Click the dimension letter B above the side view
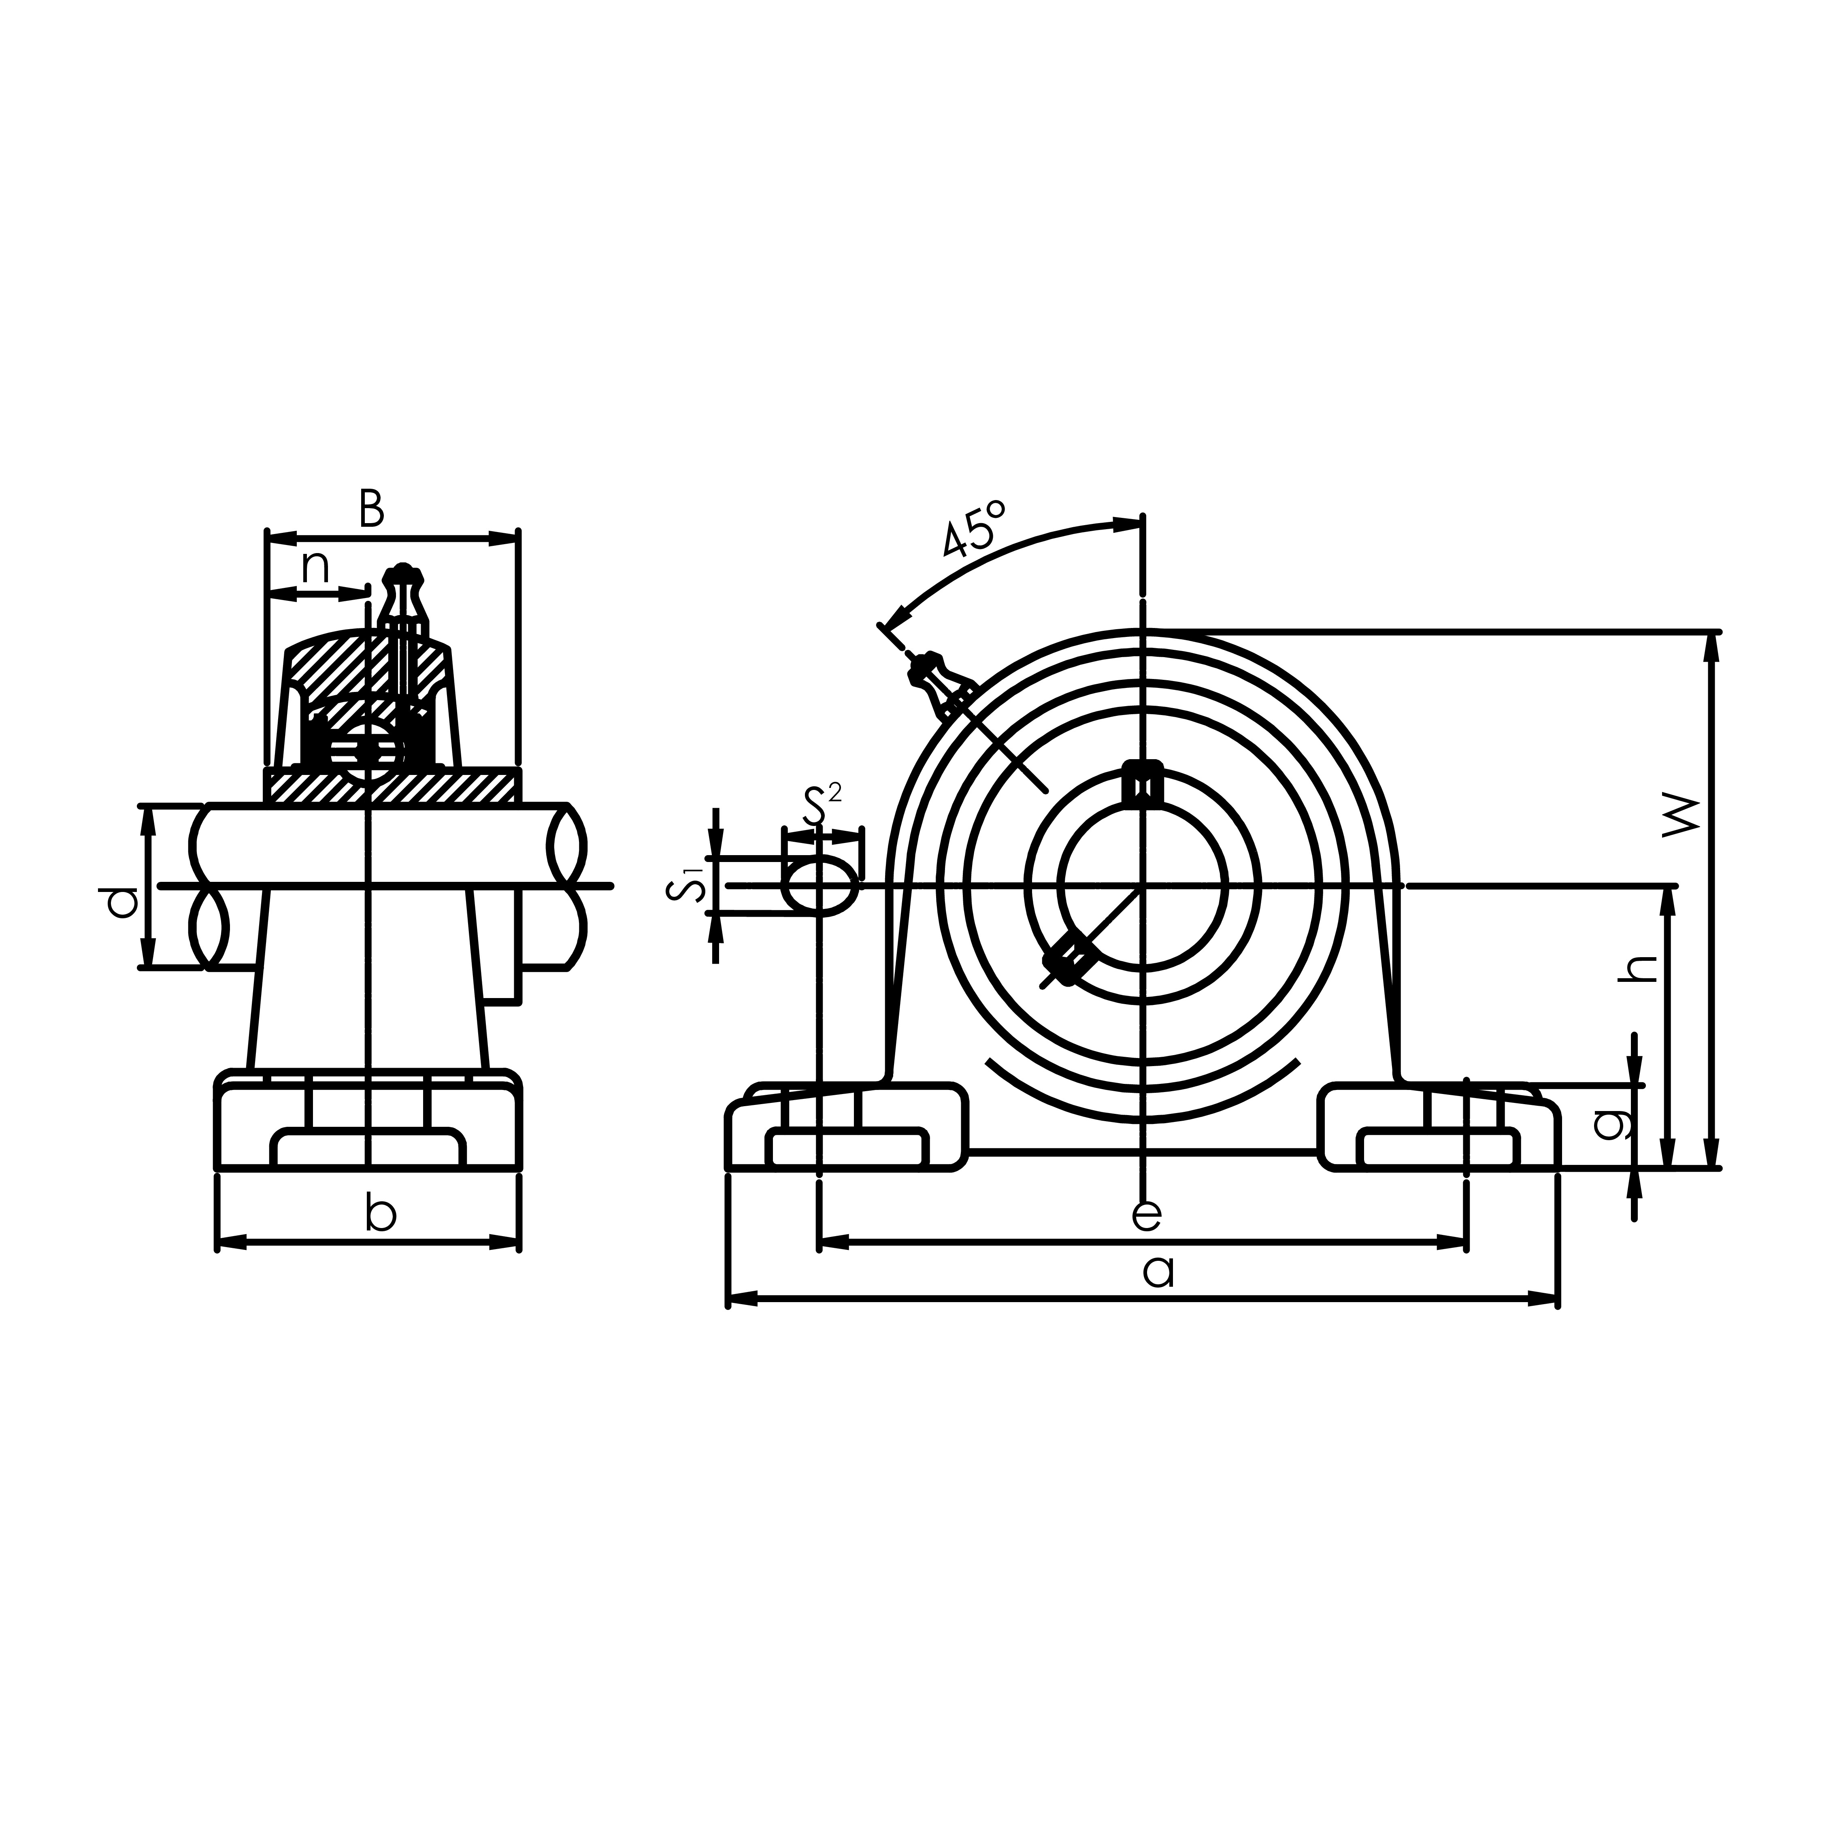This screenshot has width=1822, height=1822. click(x=372, y=509)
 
